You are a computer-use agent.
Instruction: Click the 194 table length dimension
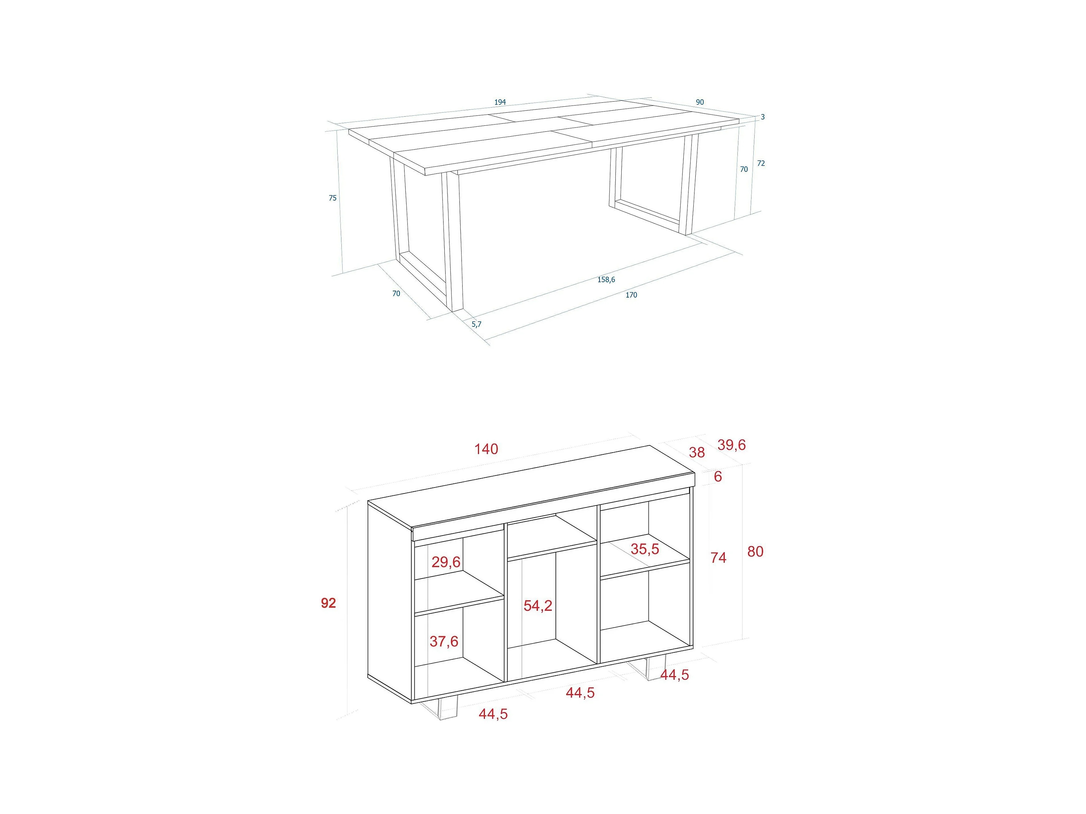coord(500,102)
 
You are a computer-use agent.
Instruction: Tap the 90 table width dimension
coord(700,102)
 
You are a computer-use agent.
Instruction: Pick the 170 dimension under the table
coord(631,295)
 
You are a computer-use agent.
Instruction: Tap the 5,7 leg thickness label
coord(476,324)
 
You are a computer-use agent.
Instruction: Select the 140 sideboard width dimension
coord(486,449)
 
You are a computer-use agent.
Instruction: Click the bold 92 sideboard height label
coord(328,603)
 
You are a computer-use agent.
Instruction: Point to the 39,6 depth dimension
coord(731,445)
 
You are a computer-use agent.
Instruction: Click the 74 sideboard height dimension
coord(718,557)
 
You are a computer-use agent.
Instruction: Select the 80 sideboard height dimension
coord(755,551)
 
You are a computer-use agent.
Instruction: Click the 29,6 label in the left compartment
coord(446,562)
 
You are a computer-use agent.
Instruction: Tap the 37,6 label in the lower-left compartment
coord(444,641)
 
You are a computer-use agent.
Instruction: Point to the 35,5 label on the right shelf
coord(645,549)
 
